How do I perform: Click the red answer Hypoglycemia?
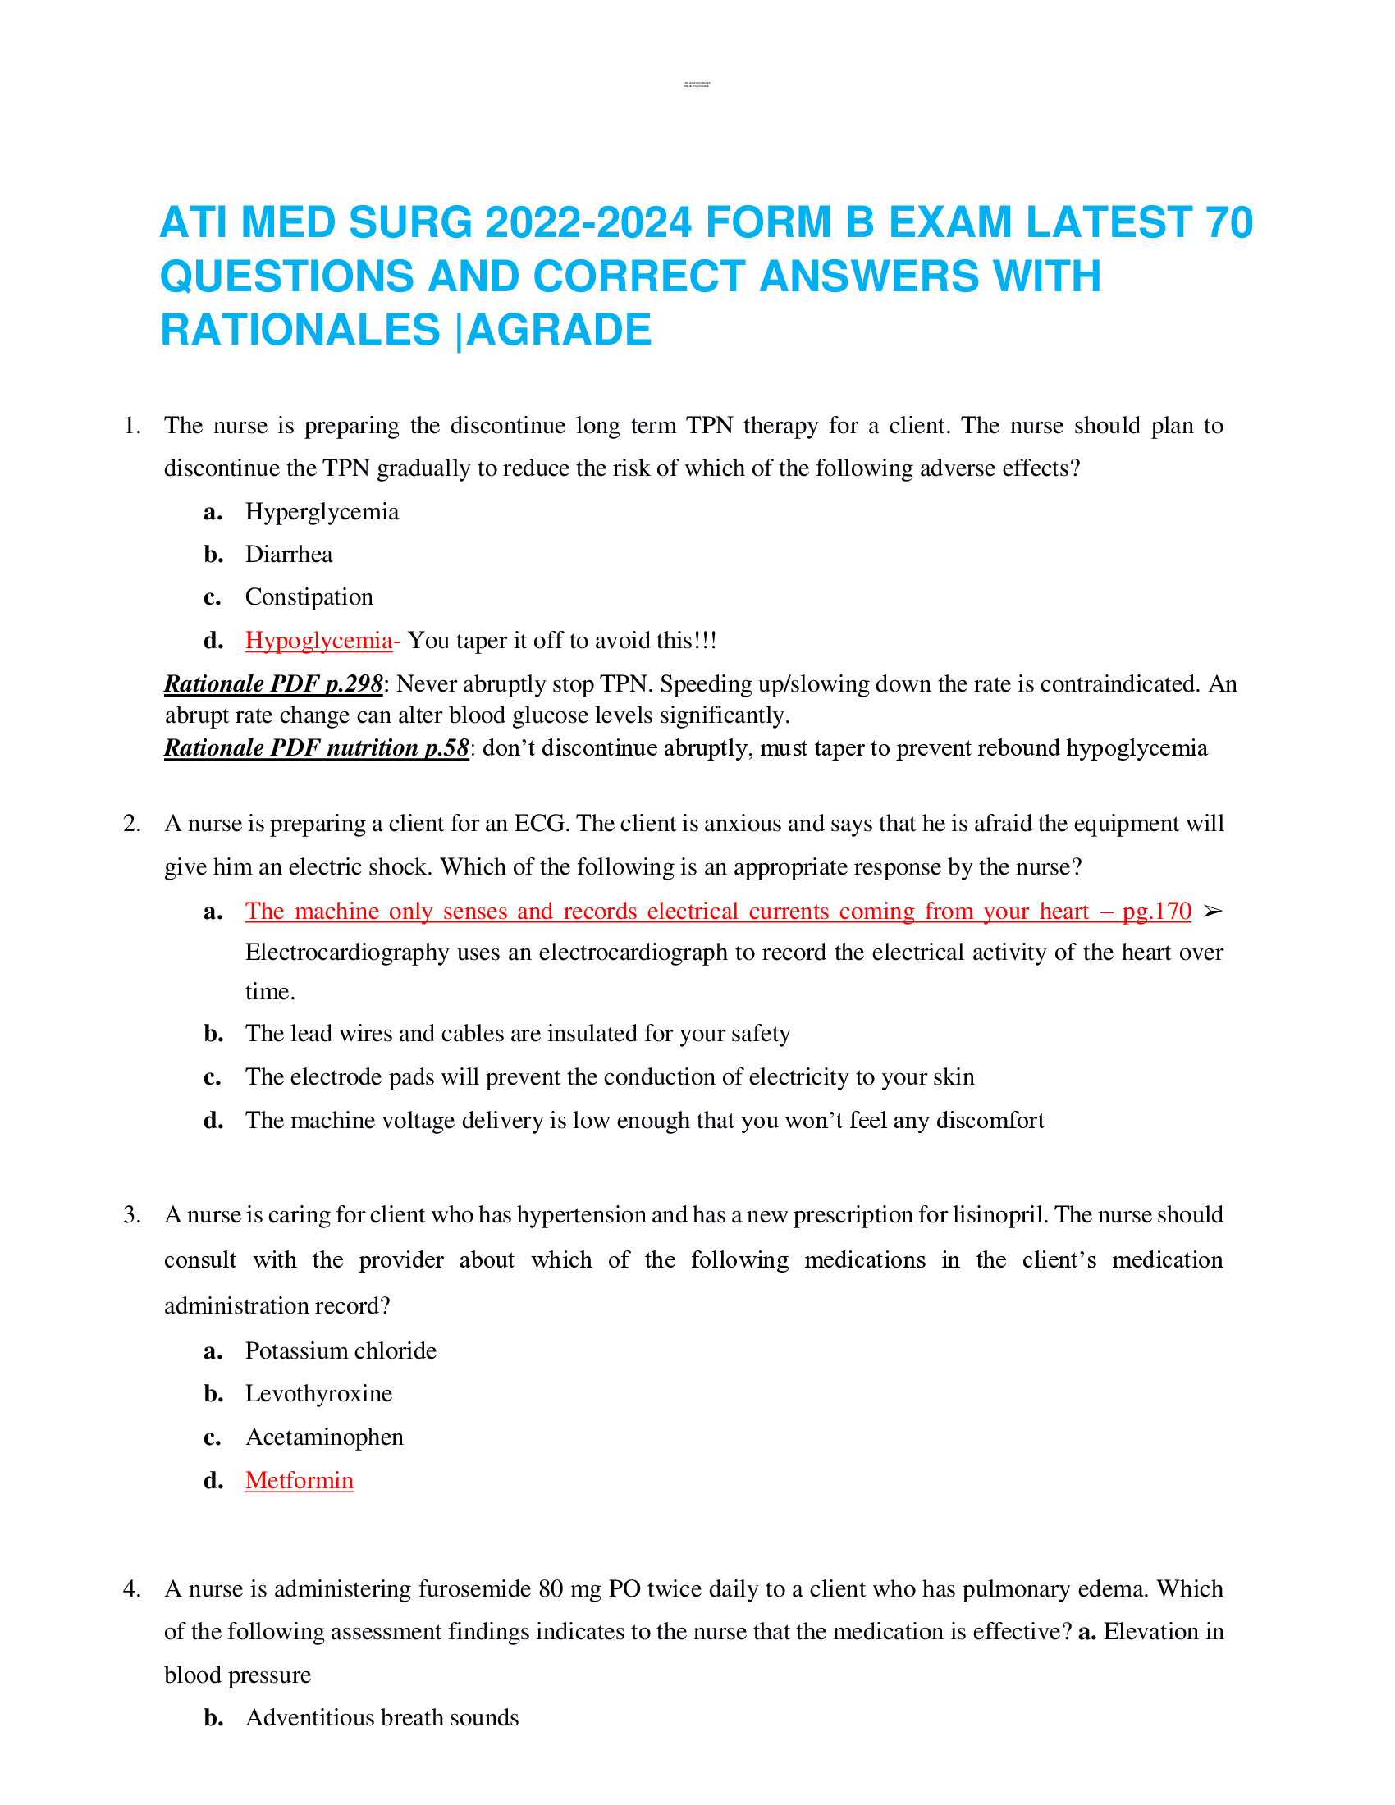coord(318,641)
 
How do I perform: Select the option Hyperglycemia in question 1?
coord(322,512)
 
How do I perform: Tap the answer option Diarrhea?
coord(288,555)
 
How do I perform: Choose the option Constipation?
coord(309,596)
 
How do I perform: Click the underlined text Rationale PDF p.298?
coord(273,684)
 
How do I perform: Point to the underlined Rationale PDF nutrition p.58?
coord(317,748)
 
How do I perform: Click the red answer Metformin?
coord(300,1480)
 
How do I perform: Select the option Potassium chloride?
coord(341,1350)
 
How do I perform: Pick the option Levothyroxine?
coord(318,1393)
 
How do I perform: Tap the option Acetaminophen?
coord(324,1437)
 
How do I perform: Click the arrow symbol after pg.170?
coord(1211,911)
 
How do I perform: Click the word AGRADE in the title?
coord(560,331)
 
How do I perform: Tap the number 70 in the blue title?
coord(1229,223)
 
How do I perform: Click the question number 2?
coord(131,823)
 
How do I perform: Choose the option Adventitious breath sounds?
coord(382,1717)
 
